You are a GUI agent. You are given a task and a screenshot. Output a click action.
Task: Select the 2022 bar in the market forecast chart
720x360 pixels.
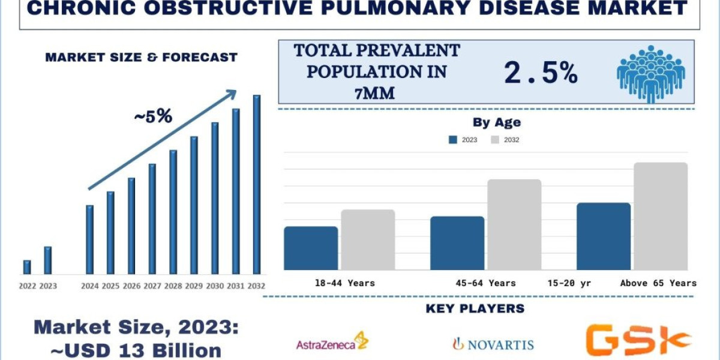27,267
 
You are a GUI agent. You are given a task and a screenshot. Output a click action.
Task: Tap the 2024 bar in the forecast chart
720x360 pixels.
89,239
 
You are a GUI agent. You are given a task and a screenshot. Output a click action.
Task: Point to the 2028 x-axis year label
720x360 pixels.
173,286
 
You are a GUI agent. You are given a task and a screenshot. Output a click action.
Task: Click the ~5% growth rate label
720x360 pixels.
152,116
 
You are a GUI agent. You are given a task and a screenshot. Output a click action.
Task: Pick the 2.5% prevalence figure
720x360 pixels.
541,73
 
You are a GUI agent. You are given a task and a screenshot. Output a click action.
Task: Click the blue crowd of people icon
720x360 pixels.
650,73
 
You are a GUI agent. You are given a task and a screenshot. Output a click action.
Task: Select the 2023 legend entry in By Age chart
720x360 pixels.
463,140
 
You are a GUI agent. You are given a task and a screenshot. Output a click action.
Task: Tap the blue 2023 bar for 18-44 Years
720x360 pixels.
311,248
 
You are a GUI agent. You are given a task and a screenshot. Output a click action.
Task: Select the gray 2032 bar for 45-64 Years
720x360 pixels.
514,224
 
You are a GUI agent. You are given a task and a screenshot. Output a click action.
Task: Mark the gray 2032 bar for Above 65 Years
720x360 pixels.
661,216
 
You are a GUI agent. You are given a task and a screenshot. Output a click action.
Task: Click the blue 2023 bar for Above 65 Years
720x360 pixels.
604,236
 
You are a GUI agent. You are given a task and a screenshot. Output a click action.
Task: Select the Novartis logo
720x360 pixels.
493,344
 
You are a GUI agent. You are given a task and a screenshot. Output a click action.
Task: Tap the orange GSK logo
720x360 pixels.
637,340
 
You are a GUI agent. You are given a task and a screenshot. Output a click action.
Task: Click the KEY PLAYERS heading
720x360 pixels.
475,309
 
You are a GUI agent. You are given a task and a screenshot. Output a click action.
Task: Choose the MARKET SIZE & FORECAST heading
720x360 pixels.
142,58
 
